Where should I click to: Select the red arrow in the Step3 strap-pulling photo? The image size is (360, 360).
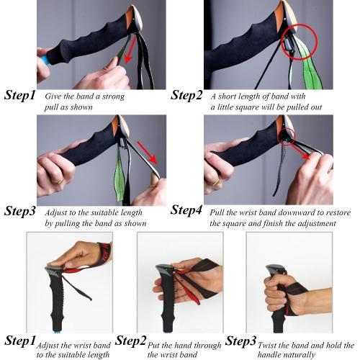[147, 153]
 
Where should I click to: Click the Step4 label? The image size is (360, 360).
[186, 210]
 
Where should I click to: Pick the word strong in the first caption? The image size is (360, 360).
[113, 97]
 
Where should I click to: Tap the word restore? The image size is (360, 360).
[338, 212]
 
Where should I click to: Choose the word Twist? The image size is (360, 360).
[266, 346]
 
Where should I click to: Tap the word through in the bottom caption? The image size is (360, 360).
[208, 346]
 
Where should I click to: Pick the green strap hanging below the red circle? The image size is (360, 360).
[312, 70]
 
